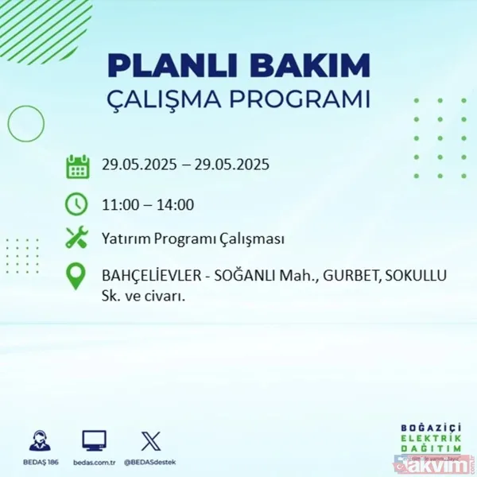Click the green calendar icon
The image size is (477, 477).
[77, 166]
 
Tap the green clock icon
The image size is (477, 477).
[77, 204]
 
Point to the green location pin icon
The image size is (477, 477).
[77, 276]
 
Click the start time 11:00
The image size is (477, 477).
[119, 205]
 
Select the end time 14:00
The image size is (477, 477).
[176, 205]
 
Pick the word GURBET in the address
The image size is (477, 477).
[346, 276]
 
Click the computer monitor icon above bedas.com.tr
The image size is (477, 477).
[95, 440]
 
